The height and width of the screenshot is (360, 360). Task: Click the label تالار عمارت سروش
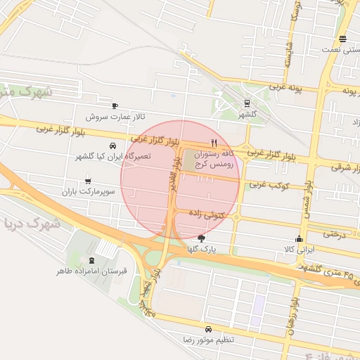[x=115, y=116]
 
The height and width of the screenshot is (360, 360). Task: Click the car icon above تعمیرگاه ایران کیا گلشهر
[x=112, y=145]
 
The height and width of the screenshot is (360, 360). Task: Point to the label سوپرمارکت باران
[x=87, y=191]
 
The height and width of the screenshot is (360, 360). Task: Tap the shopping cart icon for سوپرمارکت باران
[x=87, y=180]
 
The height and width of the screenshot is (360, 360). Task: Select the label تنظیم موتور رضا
[x=208, y=340]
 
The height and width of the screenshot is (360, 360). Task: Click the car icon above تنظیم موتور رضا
[x=208, y=329]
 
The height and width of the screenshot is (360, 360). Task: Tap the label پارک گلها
[x=202, y=249]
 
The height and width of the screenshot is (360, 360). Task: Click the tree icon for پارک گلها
[x=202, y=238]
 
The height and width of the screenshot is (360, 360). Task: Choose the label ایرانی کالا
[x=300, y=249]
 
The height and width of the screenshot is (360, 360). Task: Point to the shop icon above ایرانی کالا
[x=300, y=238]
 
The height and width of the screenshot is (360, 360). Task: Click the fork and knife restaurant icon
[x=214, y=141]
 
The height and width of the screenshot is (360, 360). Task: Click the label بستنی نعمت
[x=341, y=50]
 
